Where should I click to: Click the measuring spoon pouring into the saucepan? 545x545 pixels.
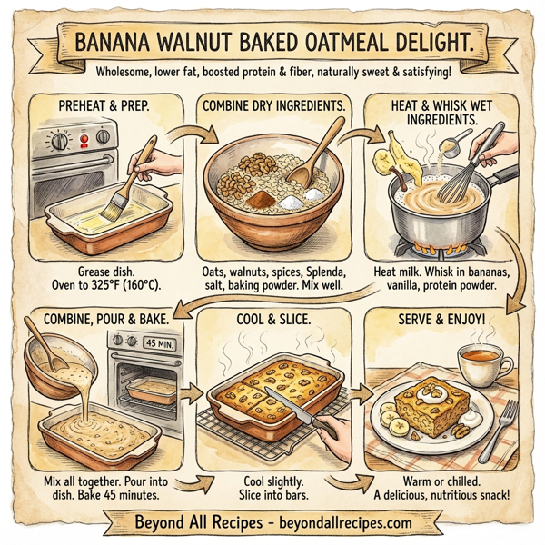click(x=451, y=145)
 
